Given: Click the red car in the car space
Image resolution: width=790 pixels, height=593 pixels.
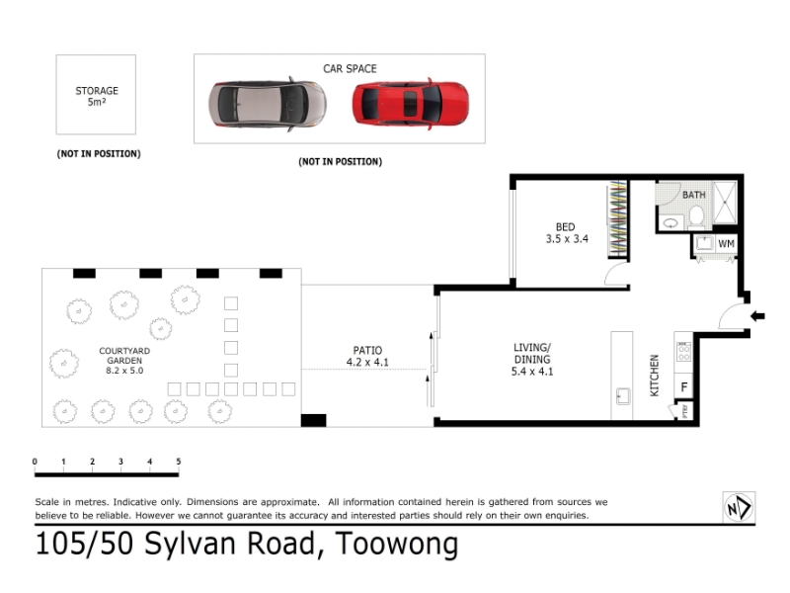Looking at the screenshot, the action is [411, 104].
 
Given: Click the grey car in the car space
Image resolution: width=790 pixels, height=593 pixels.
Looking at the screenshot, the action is [268, 104].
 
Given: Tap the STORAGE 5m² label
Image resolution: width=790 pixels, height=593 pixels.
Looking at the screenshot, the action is [97, 96].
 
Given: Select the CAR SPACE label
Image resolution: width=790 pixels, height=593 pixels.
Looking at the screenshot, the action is [350, 68].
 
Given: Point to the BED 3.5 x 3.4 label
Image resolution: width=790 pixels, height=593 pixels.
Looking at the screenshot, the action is [567, 233].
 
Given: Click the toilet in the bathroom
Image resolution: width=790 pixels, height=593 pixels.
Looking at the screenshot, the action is [696, 216].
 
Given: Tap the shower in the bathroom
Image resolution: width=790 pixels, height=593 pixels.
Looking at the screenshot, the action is [725, 203].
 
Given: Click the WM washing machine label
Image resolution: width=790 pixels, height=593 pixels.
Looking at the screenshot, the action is [726, 244].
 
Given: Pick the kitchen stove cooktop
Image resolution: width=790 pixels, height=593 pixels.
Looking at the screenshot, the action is [683, 352].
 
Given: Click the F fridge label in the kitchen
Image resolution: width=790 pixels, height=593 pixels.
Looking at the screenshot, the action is [684, 387].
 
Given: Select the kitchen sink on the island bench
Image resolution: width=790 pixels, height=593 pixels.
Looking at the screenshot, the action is [623, 396].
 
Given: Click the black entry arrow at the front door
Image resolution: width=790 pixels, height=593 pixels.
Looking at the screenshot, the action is [757, 316].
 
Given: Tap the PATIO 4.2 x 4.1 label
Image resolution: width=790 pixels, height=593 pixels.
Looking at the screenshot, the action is [367, 356].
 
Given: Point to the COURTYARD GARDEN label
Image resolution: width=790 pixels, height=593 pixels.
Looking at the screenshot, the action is [124, 356].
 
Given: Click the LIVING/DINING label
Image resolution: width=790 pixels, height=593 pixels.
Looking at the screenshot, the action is [532, 359].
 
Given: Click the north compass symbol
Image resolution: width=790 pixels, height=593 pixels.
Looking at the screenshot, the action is [739, 507].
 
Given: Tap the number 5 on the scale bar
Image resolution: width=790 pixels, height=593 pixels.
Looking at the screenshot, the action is [179, 462].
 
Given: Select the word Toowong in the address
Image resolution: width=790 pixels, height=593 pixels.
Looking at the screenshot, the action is [397, 545].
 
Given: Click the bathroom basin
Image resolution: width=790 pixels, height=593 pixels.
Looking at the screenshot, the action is [671, 222].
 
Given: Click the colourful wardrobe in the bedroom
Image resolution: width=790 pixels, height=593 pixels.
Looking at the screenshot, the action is [618, 217].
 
